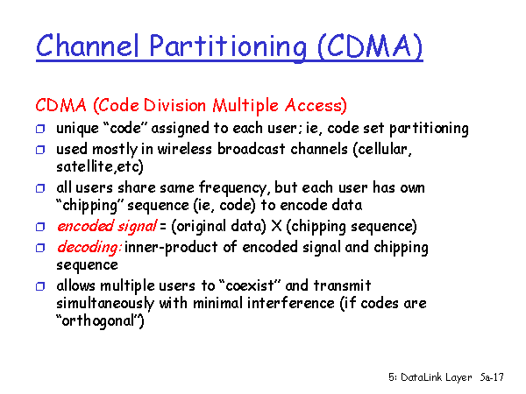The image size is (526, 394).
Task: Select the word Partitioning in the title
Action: tap(228, 47)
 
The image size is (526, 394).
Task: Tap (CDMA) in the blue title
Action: tap(370, 46)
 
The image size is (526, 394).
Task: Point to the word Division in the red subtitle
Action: tap(174, 105)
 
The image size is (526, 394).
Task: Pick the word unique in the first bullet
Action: tap(77, 129)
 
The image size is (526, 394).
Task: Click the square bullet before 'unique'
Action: tap(40, 129)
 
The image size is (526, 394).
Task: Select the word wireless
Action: tap(184, 149)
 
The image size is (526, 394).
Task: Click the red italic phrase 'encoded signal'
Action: tap(107, 227)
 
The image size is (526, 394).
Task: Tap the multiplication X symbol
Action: tap(276, 226)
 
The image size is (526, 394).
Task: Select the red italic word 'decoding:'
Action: tap(89, 248)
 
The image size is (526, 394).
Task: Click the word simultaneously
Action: tap(105, 304)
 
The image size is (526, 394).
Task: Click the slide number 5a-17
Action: tap(492, 377)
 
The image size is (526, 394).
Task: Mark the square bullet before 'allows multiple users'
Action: tap(40, 286)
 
